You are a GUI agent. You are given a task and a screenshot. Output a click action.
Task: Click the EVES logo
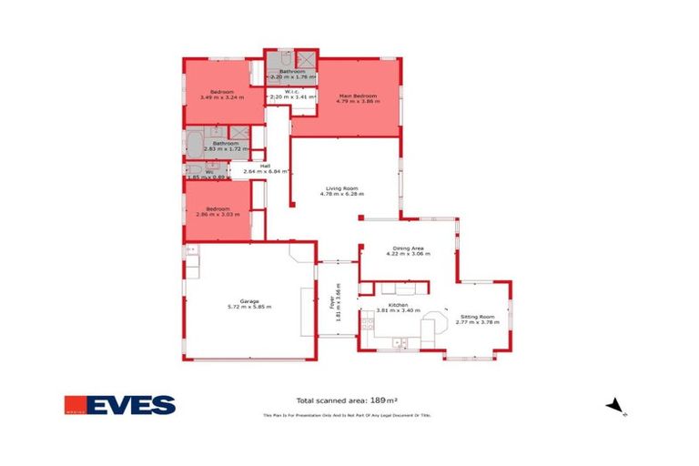(x=119, y=404)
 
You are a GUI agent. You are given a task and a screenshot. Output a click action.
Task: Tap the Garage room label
(x=249, y=301)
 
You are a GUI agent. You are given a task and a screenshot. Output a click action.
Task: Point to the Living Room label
(x=345, y=188)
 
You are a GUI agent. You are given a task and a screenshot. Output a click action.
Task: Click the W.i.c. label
(x=292, y=90)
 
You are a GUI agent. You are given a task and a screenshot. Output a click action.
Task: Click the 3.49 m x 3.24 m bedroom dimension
(x=223, y=98)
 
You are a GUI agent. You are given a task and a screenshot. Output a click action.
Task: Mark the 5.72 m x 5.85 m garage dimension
(x=249, y=308)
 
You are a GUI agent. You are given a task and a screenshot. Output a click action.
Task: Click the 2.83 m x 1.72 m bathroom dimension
(x=226, y=149)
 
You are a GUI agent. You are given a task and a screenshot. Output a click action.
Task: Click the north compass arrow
(x=615, y=405)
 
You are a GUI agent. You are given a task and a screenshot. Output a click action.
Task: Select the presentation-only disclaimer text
(x=347, y=415)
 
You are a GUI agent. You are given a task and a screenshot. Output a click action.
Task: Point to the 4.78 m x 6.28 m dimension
(x=345, y=195)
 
